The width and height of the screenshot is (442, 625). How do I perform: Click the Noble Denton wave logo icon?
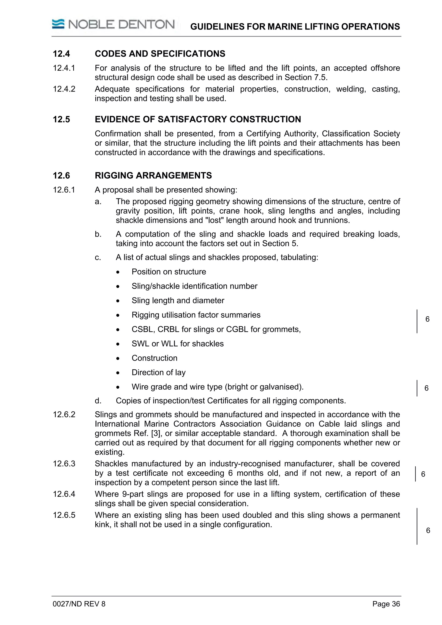58,24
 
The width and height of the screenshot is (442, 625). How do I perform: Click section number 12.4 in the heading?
61,54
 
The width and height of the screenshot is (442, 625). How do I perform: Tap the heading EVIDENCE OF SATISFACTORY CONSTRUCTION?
198,119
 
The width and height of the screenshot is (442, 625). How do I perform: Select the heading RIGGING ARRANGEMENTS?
153,175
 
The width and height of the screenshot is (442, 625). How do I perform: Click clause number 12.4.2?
64,89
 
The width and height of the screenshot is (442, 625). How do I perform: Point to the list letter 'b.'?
98,234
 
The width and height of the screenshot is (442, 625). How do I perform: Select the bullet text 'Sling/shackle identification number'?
194,286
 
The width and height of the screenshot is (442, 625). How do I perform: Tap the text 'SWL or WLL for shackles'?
178,344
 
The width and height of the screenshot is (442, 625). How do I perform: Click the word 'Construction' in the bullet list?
154,358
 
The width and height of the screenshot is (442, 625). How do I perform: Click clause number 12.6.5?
64,515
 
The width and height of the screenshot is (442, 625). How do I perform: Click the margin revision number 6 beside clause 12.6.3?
423,474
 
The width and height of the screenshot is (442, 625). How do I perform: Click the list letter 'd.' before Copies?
98,401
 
